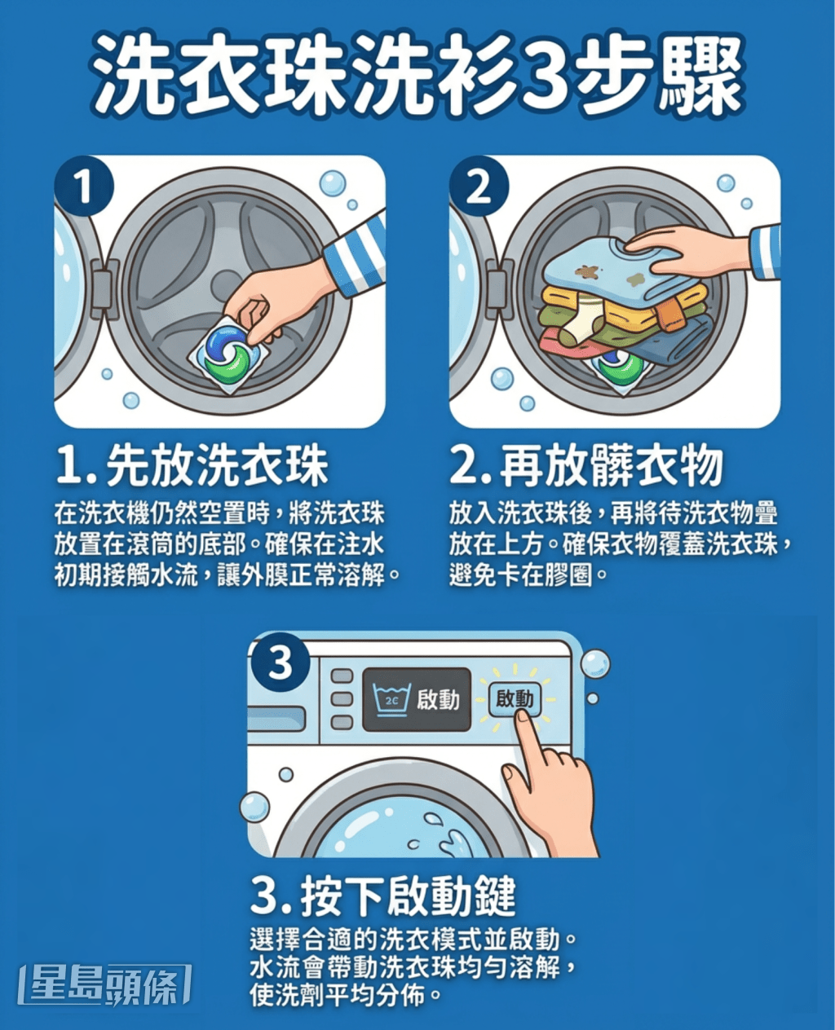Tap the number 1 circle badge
point(83,186)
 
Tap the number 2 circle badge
point(479,186)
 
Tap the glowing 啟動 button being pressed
point(514,698)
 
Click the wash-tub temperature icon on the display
point(391,699)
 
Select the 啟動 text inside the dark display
point(438,699)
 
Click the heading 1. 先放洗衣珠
point(192,466)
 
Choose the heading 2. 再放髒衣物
point(586,466)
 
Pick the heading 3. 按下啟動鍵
point(383,896)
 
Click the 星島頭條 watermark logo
point(106,984)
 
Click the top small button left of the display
point(342,676)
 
